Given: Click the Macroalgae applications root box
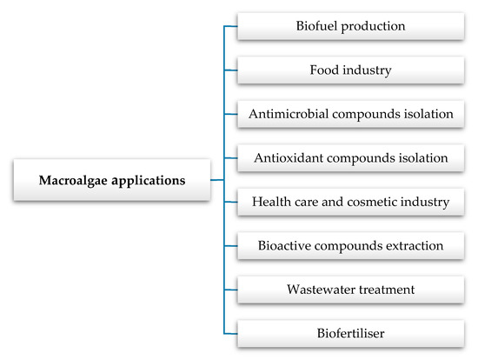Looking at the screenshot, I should pos(111,181).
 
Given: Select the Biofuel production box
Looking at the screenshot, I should pos(350,26).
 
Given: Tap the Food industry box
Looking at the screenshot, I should pos(350,70).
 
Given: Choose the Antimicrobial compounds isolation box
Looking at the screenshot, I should pos(350,114).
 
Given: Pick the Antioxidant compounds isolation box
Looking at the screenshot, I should pos(350,158).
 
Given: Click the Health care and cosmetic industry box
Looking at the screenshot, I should pos(350,203).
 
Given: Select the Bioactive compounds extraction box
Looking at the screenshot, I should pos(350,246).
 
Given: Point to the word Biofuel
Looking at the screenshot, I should pos(316,26).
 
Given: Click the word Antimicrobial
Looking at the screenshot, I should pos(287,114).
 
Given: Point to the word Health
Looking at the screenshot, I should pos(271,203).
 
